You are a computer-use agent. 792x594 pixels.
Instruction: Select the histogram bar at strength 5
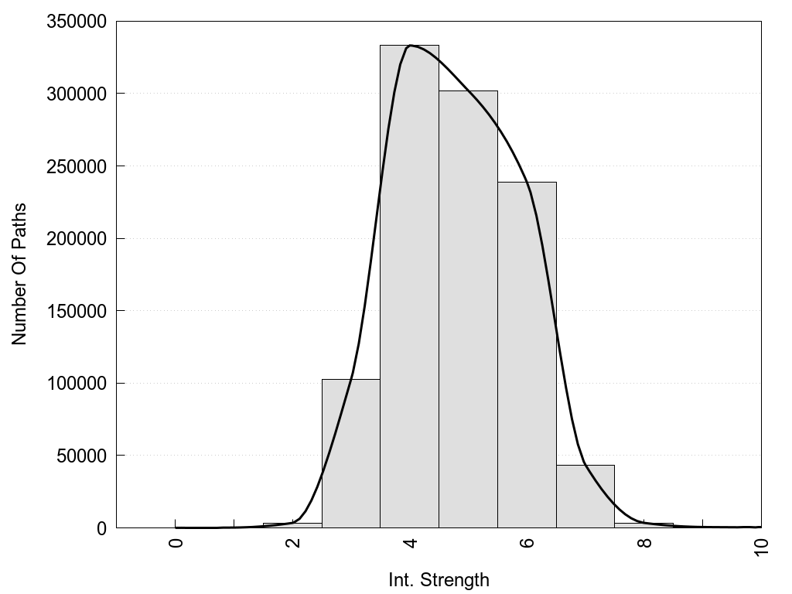(x=468, y=309)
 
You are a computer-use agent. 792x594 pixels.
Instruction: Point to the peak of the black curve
(x=411, y=46)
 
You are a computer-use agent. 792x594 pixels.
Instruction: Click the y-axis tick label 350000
(x=76, y=22)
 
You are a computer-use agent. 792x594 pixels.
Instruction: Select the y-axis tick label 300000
(x=76, y=94)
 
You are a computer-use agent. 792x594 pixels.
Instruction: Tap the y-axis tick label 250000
(x=76, y=166)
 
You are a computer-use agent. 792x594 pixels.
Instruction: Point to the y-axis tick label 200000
(x=76, y=239)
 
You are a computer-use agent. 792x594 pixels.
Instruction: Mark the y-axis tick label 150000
(x=76, y=311)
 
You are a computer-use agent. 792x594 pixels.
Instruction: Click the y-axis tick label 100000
(x=76, y=384)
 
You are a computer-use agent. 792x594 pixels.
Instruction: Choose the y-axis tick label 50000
(x=80, y=456)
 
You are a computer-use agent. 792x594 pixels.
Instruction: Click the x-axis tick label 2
(x=293, y=542)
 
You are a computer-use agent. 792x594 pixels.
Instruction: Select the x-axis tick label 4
(x=410, y=542)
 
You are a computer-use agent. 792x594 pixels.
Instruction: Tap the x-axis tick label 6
(x=527, y=542)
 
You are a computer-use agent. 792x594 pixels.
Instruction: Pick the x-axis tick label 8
(x=644, y=542)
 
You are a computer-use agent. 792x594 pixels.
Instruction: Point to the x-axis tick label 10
(x=761, y=545)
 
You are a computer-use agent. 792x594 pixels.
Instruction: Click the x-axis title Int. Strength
(x=439, y=579)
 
